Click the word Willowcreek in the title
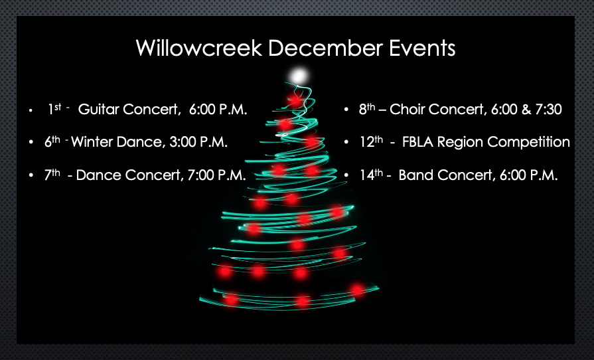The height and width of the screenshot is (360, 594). [x=199, y=48]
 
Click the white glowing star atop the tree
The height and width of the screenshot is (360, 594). [x=299, y=76]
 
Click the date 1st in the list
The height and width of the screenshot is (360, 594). [x=54, y=109]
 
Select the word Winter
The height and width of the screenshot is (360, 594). [x=92, y=141]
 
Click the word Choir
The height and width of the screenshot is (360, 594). [x=408, y=109]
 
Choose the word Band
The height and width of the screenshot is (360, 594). [x=413, y=175]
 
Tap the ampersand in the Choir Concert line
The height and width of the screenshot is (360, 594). [x=526, y=109]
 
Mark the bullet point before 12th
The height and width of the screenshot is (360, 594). [x=346, y=143]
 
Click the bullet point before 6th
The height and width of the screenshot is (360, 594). [x=31, y=143]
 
